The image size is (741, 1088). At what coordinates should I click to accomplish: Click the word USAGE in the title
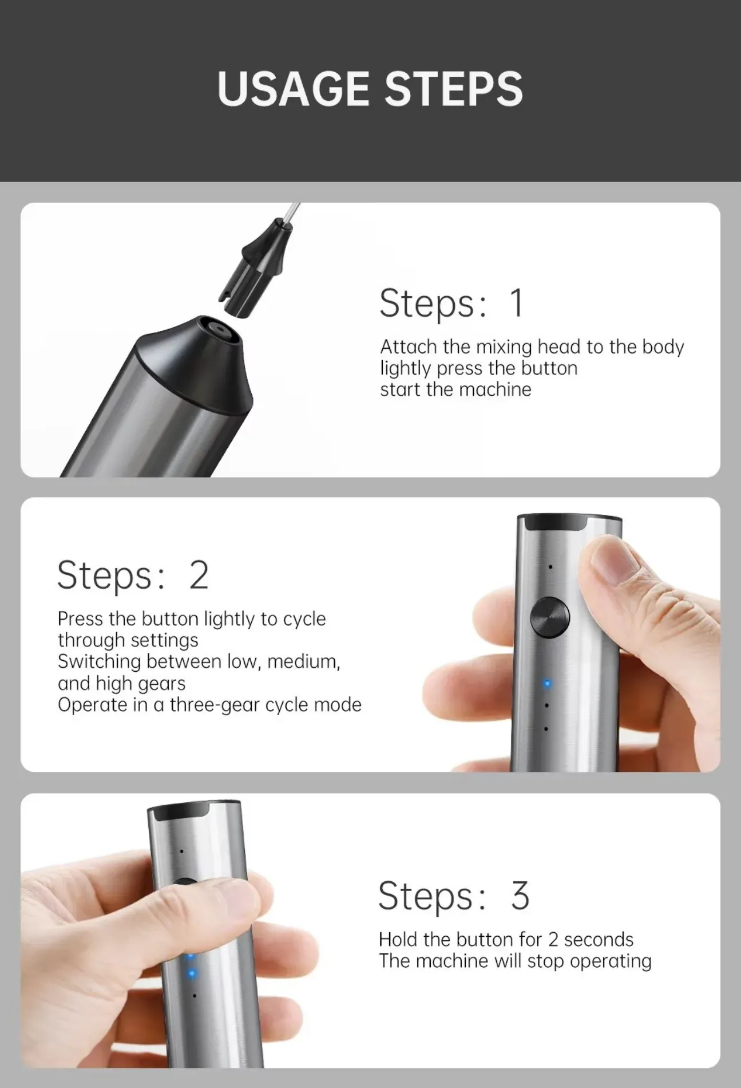(293, 89)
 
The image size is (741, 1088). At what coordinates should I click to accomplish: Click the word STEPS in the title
(453, 89)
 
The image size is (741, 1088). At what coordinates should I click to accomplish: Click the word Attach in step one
(409, 347)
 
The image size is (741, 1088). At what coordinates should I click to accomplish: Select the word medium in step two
(303, 661)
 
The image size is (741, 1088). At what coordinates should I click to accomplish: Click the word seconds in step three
(599, 939)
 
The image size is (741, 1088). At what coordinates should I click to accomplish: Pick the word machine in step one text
(495, 389)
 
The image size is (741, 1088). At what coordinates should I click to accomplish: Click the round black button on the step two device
(550, 618)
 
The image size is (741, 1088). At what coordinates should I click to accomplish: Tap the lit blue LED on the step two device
(547, 684)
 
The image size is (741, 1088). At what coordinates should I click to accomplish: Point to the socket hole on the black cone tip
(217, 330)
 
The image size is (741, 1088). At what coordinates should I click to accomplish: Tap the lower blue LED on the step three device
(192, 973)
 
